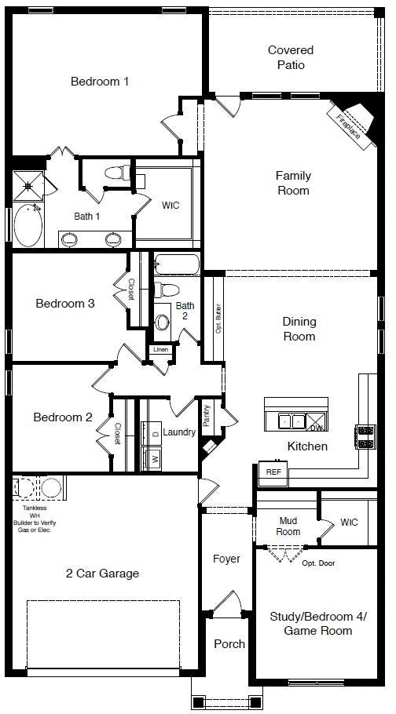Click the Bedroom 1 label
click(100, 81)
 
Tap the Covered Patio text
click(290, 57)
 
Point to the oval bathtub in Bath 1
click(28, 224)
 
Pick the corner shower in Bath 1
click(30, 186)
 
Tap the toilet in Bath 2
click(162, 290)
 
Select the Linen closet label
click(160, 349)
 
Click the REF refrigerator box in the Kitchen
click(273, 472)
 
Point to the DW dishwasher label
click(314, 428)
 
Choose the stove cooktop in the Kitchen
click(366, 436)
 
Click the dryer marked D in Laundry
click(155, 433)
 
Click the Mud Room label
click(288, 526)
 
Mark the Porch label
click(229, 643)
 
